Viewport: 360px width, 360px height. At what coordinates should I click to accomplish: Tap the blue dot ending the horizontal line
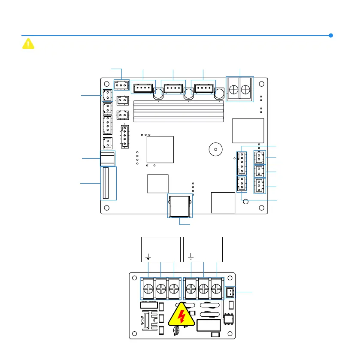click(x=331, y=36)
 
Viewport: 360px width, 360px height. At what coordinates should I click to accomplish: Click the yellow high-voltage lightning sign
click(x=182, y=318)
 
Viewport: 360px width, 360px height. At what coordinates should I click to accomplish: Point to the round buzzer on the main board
click(x=215, y=150)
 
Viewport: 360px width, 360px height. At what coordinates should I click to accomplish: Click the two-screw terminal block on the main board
click(x=240, y=90)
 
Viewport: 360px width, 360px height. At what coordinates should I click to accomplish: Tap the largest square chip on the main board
click(x=160, y=149)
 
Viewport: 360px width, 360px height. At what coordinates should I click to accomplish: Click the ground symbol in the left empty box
click(x=148, y=257)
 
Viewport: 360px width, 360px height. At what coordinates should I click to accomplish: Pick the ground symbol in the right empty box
click(x=191, y=257)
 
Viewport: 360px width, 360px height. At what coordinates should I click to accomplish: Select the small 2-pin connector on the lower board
click(x=230, y=293)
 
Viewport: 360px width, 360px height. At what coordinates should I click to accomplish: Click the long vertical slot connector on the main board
click(x=108, y=183)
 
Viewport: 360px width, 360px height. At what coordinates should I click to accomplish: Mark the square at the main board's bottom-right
click(x=223, y=203)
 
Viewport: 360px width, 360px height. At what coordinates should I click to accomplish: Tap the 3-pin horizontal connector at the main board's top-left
click(x=121, y=85)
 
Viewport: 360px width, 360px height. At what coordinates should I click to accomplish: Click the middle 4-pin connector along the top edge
click(x=172, y=89)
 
